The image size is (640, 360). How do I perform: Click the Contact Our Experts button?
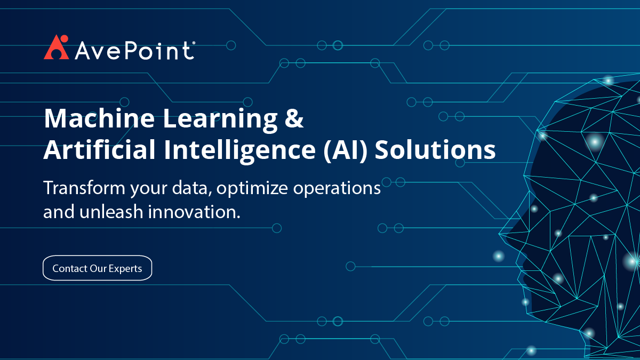click(97, 268)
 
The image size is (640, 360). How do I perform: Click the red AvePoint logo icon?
click(57, 47)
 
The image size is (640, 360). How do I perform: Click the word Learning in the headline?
click(220, 121)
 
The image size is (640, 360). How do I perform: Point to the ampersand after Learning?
click(294, 118)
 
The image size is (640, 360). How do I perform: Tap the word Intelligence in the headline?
click(239, 151)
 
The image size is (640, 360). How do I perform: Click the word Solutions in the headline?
click(435, 149)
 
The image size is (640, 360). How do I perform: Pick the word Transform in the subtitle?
click(84, 188)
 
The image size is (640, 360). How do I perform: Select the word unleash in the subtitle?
click(111, 212)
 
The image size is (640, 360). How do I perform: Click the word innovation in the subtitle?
click(194, 212)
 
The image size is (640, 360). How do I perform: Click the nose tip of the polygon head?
click(499, 234)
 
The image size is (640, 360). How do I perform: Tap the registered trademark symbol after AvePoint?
click(194, 43)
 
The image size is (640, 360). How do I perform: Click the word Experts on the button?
click(125, 269)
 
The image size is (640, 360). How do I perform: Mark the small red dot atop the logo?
click(65, 38)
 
